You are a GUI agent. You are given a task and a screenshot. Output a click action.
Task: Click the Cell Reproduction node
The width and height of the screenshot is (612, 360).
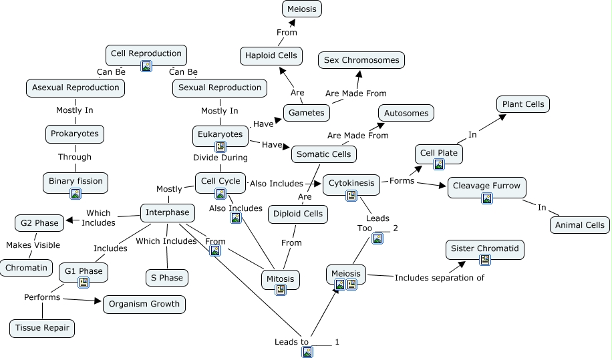click(146, 54)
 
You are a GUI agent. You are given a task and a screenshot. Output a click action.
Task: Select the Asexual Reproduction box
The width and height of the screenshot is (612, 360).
click(75, 87)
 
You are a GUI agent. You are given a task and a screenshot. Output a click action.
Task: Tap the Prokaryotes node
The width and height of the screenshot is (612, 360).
click(74, 134)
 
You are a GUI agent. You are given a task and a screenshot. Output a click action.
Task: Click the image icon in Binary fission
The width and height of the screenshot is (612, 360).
click(75, 194)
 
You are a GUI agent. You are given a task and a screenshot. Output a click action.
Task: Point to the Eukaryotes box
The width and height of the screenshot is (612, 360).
click(220, 135)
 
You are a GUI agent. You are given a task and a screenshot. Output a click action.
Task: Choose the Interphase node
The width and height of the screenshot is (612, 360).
click(168, 213)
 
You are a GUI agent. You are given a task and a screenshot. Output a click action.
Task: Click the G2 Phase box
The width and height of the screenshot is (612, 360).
click(39, 223)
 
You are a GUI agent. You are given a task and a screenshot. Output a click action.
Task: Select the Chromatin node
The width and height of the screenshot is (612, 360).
click(27, 268)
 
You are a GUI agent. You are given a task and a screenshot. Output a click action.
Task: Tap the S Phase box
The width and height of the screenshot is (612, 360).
click(166, 277)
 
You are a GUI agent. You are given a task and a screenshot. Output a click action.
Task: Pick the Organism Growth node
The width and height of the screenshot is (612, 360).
click(144, 304)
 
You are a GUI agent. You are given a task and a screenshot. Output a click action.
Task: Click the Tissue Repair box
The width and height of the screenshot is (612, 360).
click(41, 328)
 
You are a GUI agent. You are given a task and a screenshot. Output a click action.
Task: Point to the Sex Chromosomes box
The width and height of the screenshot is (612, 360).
click(361, 60)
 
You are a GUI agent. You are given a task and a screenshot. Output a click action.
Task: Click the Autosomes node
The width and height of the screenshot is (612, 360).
click(406, 113)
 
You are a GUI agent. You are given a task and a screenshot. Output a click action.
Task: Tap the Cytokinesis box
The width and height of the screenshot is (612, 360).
click(351, 184)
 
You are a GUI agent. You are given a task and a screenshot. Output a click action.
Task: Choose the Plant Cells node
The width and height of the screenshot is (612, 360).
click(523, 104)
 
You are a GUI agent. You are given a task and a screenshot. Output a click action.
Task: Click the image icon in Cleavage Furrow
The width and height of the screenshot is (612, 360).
click(487, 198)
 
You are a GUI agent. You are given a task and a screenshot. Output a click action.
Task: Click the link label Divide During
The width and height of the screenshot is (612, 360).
click(220, 158)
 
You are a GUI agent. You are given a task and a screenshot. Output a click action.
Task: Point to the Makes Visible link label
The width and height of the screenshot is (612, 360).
click(28, 245)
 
